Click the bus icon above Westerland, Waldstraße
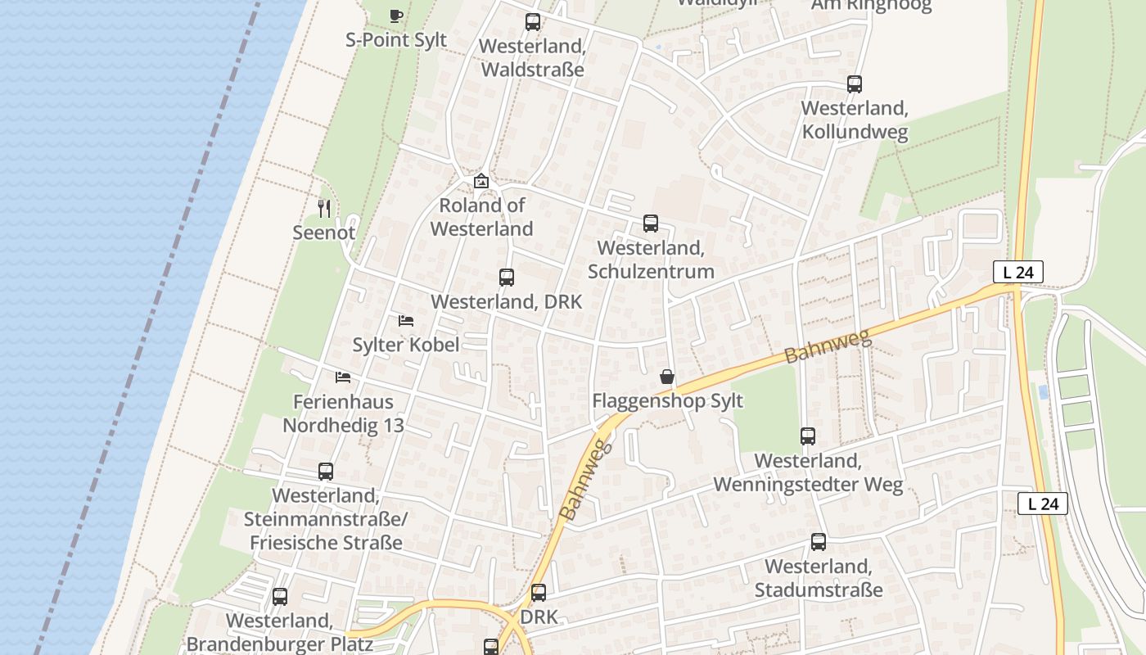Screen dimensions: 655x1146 pyautogui.click(x=533, y=22)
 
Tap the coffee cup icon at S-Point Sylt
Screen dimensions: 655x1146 pyautogui.click(x=395, y=15)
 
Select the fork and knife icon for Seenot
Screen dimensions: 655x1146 pyautogui.click(x=324, y=209)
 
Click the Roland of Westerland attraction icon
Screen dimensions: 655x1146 pyautogui.click(x=481, y=181)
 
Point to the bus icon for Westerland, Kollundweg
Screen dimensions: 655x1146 pyautogui.click(x=855, y=84)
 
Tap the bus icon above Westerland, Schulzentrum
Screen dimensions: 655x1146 pyautogui.click(x=651, y=223)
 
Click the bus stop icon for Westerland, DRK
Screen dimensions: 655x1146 pyautogui.click(x=507, y=278)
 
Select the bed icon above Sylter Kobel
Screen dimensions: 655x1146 pyautogui.click(x=406, y=320)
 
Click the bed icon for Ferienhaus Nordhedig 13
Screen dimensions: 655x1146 pyautogui.click(x=343, y=377)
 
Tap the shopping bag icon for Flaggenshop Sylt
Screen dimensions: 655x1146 pyautogui.click(x=667, y=377)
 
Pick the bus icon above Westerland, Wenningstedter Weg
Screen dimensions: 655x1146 pyautogui.click(x=808, y=436)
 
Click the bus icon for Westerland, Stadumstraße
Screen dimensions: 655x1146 pyautogui.click(x=819, y=541)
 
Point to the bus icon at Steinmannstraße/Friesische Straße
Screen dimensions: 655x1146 pyautogui.click(x=326, y=472)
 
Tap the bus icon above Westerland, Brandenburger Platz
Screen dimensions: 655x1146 pyautogui.click(x=280, y=596)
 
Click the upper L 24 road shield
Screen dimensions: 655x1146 pyautogui.click(x=1018, y=273)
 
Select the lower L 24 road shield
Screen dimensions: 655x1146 pyautogui.click(x=1043, y=504)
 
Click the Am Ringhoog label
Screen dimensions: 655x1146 pyautogui.click(x=871, y=6)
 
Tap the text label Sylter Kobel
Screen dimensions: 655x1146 pyautogui.click(x=405, y=345)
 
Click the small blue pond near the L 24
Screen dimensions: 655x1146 pyautogui.click(x=1043, y=392)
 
